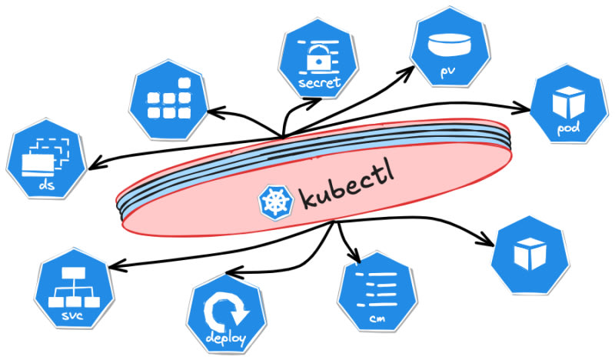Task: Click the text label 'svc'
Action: click(74, 316)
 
